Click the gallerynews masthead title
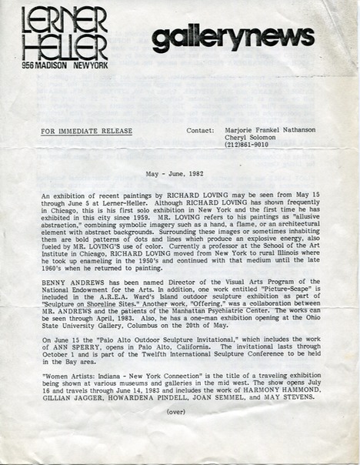(x=232, y=38)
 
